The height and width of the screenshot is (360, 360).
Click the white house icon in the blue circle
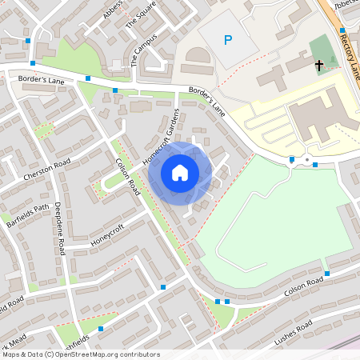tap(180, 172)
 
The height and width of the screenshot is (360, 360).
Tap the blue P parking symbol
tap(229, 39)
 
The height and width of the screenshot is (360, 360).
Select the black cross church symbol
tap(319, 64)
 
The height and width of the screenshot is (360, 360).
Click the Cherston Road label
tap(47, 170)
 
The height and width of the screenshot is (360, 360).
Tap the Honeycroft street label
tap(109, 232)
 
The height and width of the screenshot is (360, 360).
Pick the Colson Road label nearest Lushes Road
tap(304, 283)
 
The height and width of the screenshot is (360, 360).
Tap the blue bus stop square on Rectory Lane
tap(342, 30)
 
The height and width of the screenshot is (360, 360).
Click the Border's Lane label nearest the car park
tap(207, 102)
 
